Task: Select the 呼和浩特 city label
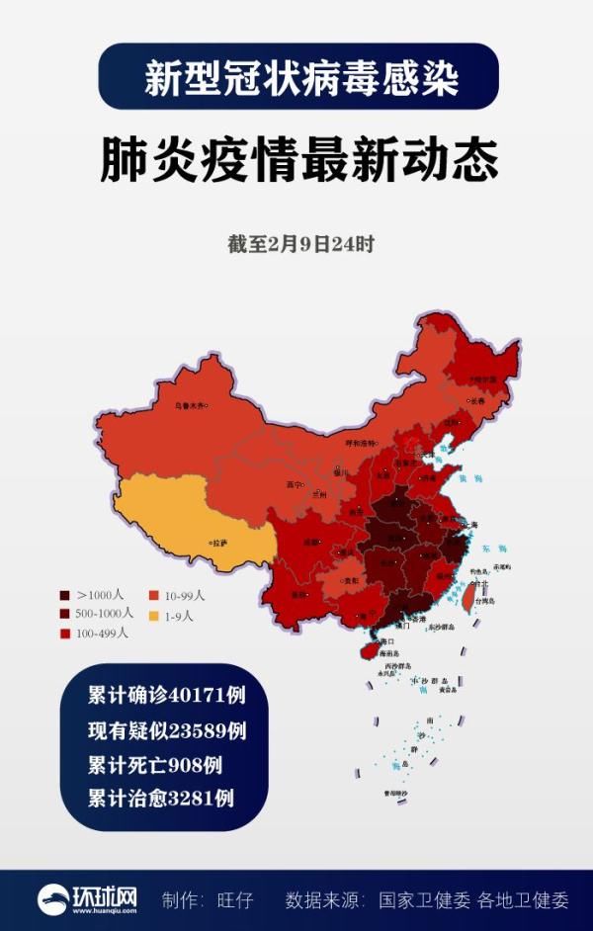click(360, 443)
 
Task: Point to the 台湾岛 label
click(484, 600)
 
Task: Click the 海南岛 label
click(387, 653)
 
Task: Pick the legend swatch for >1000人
click(65, 596)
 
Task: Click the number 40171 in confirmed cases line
click(185, 695)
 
